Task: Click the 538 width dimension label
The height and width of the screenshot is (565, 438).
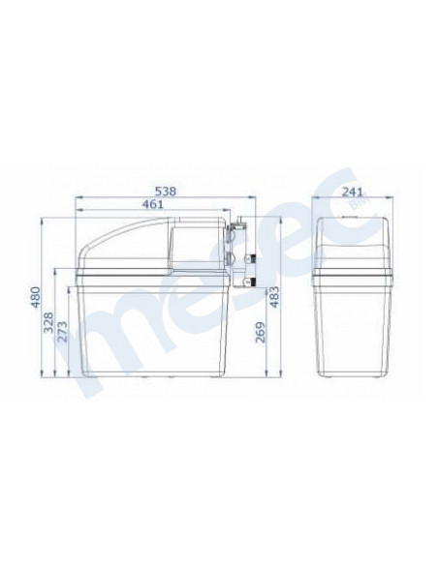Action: pos(166,191)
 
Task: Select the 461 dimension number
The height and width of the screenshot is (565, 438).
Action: pos(152,204)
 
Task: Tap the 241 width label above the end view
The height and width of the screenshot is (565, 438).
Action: pos(352,192)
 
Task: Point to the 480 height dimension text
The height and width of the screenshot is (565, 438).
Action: pos(35,297)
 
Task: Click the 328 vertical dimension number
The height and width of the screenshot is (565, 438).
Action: pos(48,322)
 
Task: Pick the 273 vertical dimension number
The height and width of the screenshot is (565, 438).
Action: pos(62,332)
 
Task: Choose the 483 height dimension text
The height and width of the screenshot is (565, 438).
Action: pos(274,297)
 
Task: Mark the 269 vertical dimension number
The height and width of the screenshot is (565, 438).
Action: pos(260,332)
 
